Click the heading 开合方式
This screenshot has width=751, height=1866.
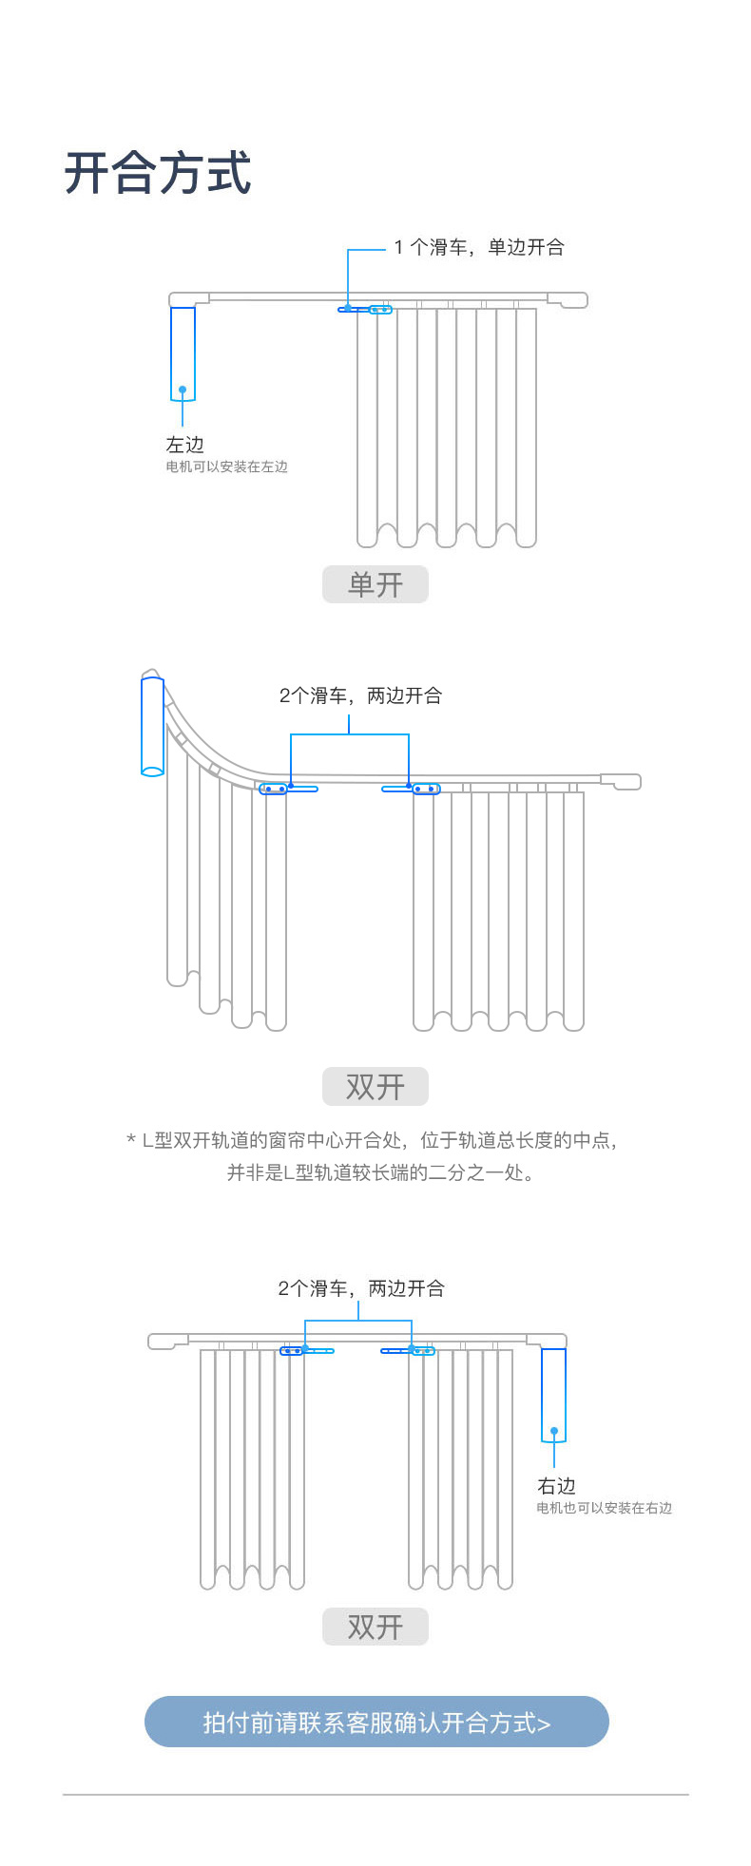click(x=158, y=173)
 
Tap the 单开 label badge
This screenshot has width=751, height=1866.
click(x=375, y=584)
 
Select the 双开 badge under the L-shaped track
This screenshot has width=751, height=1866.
click(x=375, y=1086)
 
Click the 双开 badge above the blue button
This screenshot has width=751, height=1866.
click(x=375, y=1627)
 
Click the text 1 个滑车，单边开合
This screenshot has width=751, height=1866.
click(x=479, y=247)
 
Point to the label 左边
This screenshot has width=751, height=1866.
click(x=184, y=444)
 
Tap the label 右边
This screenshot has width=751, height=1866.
click(x=557, y=1485)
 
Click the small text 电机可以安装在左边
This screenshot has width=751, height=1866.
click(x=226, y=466)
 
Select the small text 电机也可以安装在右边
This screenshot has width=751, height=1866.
click(x=604, y=1508)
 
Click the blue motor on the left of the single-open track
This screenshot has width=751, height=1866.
click(x=183, y=353)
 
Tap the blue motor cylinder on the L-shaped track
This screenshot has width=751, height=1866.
click(x=152, y=727)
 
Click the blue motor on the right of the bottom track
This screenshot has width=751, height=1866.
click(x=553, y=1395)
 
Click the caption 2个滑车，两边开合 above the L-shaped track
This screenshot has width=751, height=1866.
click(x=361, y=695)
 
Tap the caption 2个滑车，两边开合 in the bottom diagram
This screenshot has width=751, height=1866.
click(x=361, y=1288)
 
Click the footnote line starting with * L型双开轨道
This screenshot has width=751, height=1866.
click(x=373, y=1140)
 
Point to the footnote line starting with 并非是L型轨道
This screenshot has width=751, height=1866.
click(x=380, y=1172)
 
